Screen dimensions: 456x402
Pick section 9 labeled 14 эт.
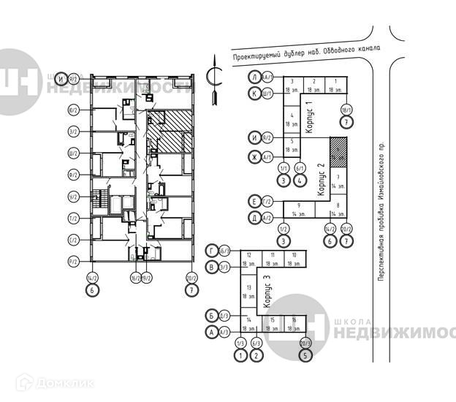(x=299, y=209)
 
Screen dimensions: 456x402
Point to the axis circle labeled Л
(x=254, y=77)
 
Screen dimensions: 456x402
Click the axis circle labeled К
(x=254, y=93)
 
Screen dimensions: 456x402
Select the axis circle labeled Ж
(x=254, y=156)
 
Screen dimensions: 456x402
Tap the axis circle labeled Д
(x=254, y=218)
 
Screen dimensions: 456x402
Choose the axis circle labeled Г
(x=212, y=251)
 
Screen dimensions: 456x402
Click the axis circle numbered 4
(x=300, y=180)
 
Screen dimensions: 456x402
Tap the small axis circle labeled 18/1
(x=346, y=110)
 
